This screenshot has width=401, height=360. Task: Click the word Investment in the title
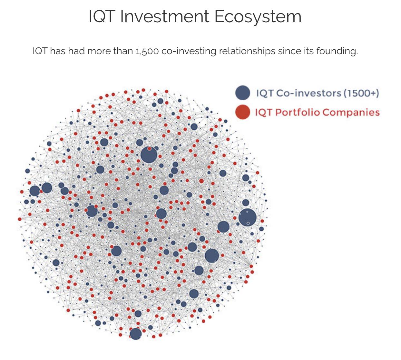click(164, 16)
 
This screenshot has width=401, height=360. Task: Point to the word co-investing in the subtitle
click(189, 51)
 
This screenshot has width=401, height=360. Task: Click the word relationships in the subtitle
click(247, 51)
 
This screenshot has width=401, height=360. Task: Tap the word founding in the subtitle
click(337, 51)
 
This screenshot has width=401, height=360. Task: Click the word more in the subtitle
click(100, 51)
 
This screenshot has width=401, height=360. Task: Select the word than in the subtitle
click(123, 51)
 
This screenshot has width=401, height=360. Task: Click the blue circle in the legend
click(243, 93)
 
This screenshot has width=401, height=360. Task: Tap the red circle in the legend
click(243, 112)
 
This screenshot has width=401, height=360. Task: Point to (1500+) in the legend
click(361, 93)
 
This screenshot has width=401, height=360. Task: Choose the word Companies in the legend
click(351, 113)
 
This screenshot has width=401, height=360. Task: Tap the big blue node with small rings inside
click(248, 217)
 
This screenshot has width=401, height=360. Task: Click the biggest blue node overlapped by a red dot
click(149, 155)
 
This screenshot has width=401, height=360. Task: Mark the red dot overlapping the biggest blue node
click(150, 148)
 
